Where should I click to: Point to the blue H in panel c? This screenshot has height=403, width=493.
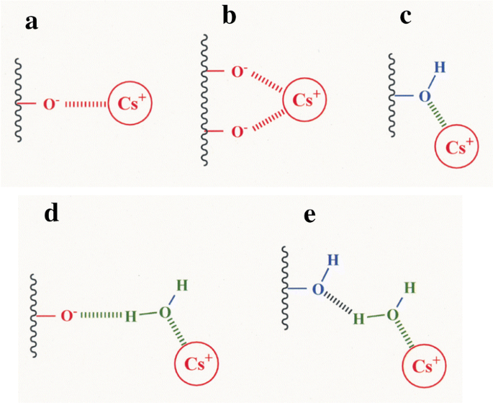click(x=440, y=68)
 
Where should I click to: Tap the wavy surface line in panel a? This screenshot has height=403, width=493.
click(x=18, y=101)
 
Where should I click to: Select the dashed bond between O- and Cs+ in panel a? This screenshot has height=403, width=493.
click(x=84, y=105)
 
